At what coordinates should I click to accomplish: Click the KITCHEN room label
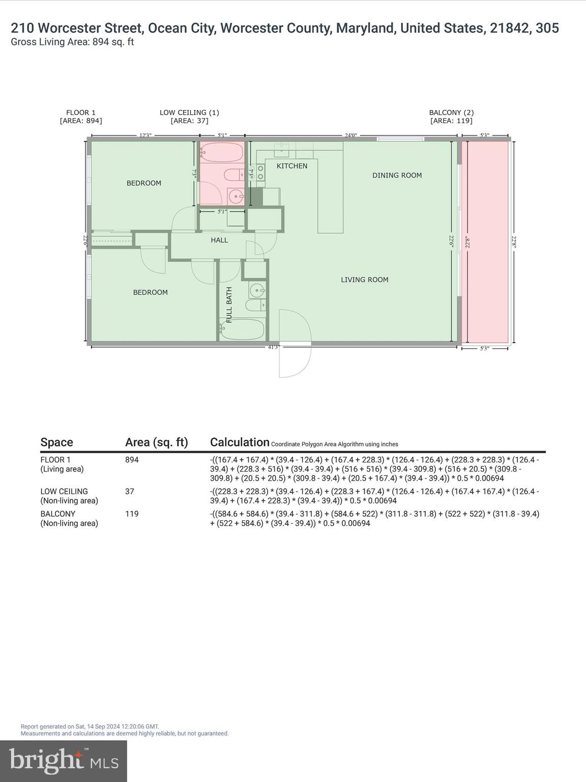pyautogui.click(x=291, y=166)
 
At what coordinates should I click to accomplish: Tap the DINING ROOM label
pyautogui.click(x=397, y=175)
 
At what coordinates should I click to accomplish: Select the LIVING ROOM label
pyautogui.click(x=364, y=280)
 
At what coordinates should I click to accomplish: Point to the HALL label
pyautogui.click(x=219, y=240)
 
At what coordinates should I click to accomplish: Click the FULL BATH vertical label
pyautogui.click(x=229, y=305)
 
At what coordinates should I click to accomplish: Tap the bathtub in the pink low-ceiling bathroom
pyautogui.click(x=222, y=151)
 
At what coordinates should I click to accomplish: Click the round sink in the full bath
pyautogui.click(x=257, y=291)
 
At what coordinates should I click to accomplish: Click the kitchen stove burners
pyautogui.click(x=260, y=172)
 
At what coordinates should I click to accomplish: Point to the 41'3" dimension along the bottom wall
pyautogui.click(x=274, y=347)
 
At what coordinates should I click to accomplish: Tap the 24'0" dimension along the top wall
pyautogui.click(x=351, y=135)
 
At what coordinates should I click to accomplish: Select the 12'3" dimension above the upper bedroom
pyautogui.click(x=145, y=135)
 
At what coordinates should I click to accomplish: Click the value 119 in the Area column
pyautogui.click(x=132, y=514)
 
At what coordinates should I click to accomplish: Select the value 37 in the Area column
pyautogui.click(x=130, y=491)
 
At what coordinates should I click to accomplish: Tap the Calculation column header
pyautogui.click(x=240, y=442)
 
